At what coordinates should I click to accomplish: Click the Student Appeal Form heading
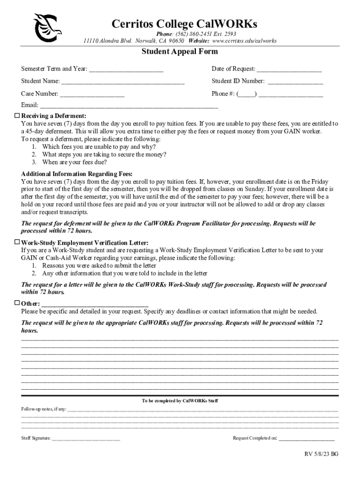tap(180, 52)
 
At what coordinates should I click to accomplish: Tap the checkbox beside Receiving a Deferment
tap(17, 115)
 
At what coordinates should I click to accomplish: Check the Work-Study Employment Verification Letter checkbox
tap(17, 242)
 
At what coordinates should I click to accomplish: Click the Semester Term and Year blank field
tap(126, 70)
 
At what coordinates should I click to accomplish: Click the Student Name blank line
tap(123, 82)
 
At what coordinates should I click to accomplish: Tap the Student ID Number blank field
tap(295, 82)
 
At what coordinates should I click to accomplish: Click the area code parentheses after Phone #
tap(246, 94)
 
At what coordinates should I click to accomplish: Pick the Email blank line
tap(129, 106)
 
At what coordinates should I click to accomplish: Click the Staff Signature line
tap(86, 439)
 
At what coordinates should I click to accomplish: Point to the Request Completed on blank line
tap(307, 439)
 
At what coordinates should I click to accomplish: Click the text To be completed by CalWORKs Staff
tap(180, 401)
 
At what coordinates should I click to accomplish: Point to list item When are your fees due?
tap(74, 162)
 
